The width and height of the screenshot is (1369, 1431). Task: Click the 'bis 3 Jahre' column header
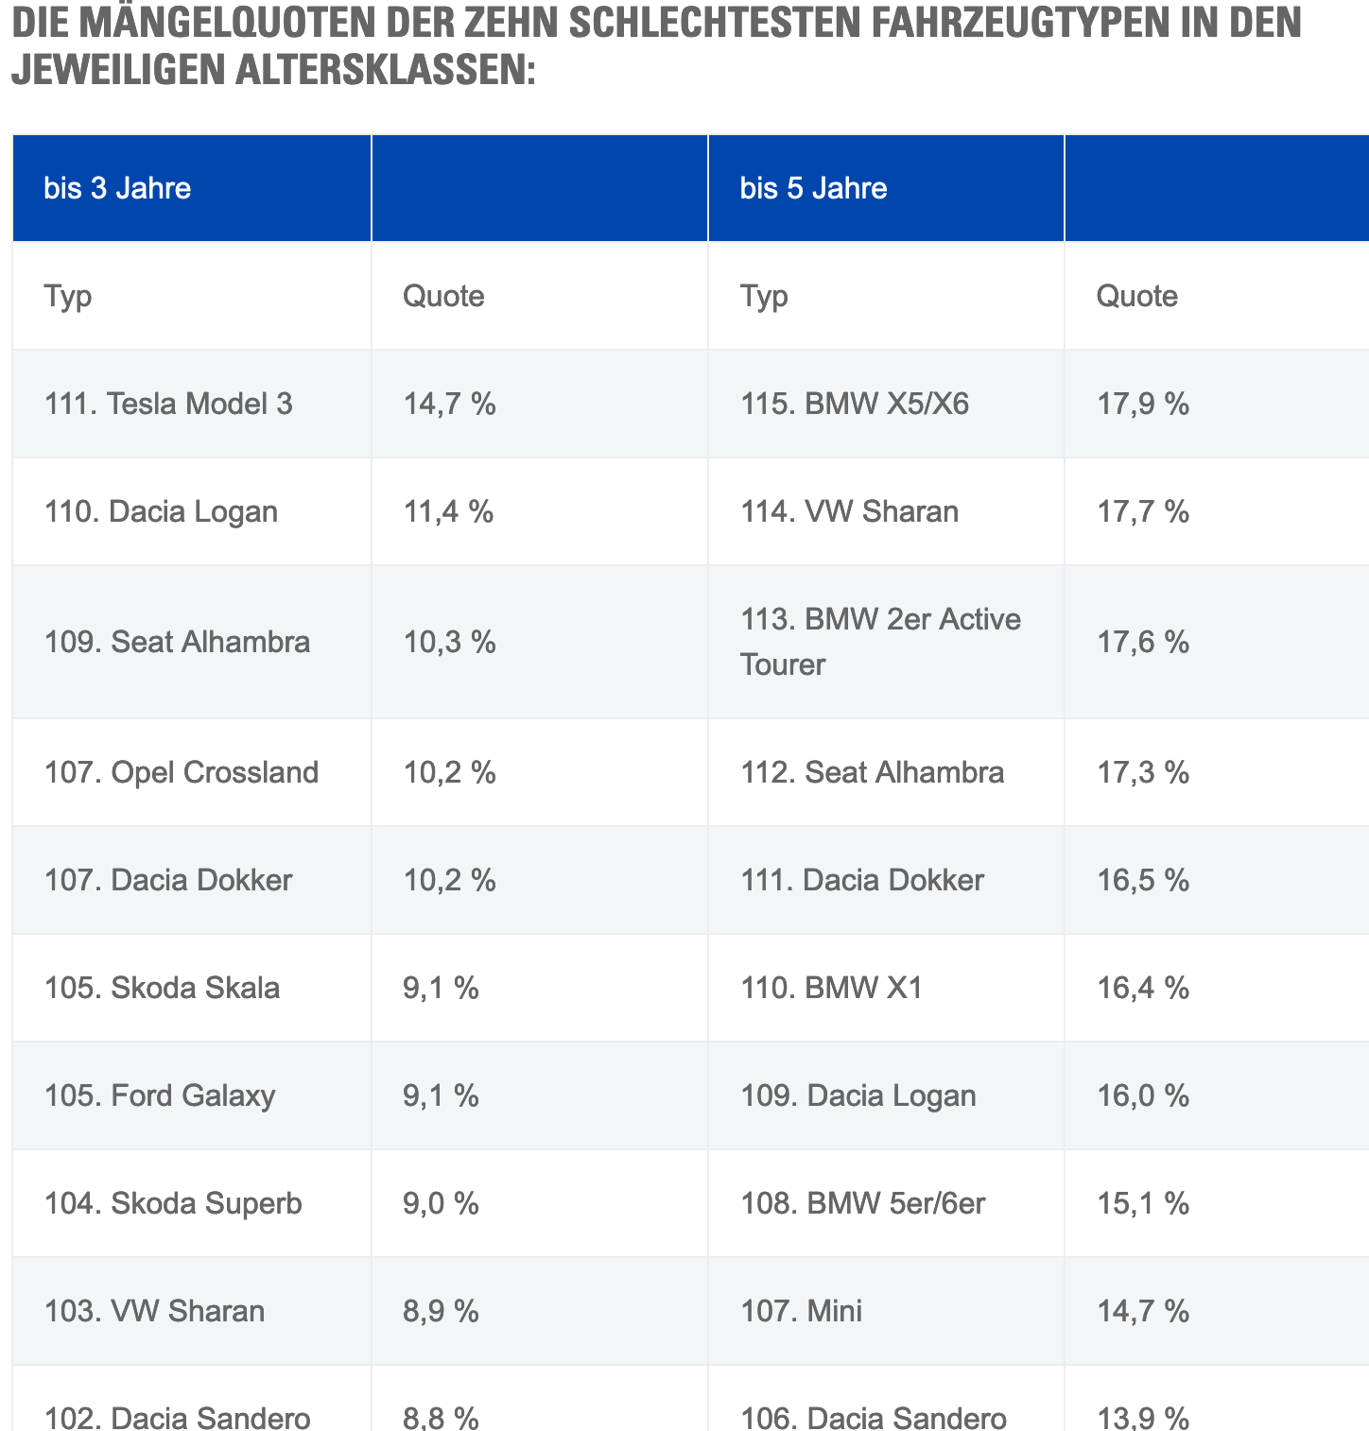(x=117, y=188)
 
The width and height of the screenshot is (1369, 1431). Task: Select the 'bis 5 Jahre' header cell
(x=813, y=188)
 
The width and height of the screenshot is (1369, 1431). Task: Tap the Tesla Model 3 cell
(x=168, y=404)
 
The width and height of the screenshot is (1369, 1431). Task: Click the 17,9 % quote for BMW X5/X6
(x=1142, y=404)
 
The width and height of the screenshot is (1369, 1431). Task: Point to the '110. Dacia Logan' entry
(x=161, y=511)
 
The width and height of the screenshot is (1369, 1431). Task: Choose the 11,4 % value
(x=448, y=511)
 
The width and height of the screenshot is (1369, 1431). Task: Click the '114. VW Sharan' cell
(x=849, y=511)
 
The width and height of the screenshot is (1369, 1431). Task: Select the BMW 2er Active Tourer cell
(x=880, y=642)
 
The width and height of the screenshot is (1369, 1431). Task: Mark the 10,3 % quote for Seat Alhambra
(x=449, y=642)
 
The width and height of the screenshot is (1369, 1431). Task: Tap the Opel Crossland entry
(x=182, y=772)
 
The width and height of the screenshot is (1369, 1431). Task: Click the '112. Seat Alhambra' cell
(x=872, y=772)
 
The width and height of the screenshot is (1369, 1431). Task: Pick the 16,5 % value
(x=1142, y=880)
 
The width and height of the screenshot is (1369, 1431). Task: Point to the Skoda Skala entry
(x=162, y=988)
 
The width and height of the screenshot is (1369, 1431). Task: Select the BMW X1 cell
(x=831, y=988)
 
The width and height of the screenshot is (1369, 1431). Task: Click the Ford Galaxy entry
(x=160, y=1095)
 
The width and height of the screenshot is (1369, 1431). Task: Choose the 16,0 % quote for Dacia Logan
(x=1142, y=1095)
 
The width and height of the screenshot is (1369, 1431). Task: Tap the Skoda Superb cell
(x=173, y=1203)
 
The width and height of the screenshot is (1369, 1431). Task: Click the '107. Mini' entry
(x=801, y=1311)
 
